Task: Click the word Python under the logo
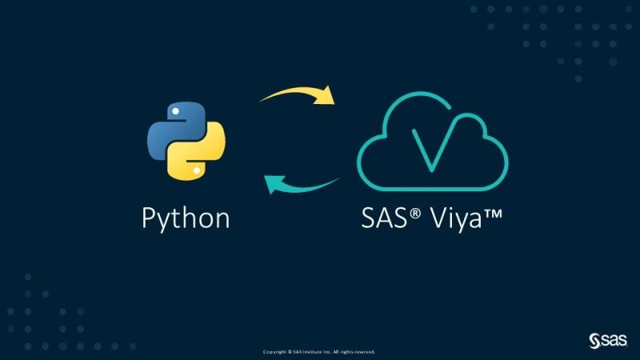[186, 218]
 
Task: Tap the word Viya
[453, 218]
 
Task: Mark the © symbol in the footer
[289, 352]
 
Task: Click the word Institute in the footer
[308, 352]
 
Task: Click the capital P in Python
[149, 218]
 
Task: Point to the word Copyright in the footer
[274, 352]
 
